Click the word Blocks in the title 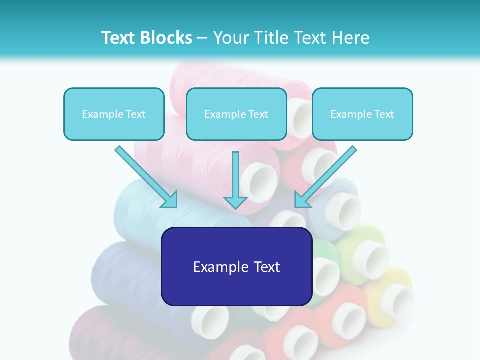(168, 38)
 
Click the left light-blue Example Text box (114, 114)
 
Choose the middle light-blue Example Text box (236, 114)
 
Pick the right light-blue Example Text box (362, 114)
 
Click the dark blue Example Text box (236, 266)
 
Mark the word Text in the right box (384, 114)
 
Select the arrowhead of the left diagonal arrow (170, 200)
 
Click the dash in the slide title (202, 38)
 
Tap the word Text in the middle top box (258, 114)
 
